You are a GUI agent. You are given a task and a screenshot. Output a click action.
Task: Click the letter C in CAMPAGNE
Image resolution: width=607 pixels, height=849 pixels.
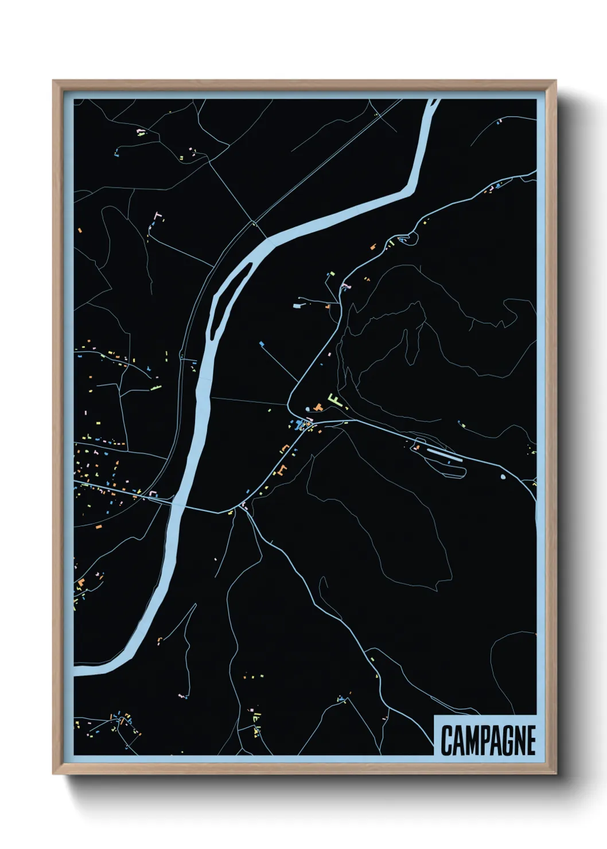point(446,740)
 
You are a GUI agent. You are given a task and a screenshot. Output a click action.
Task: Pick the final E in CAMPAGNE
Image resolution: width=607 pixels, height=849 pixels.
point(531,740)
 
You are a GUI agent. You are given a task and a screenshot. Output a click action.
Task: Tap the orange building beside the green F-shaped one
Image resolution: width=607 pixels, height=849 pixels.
point(319,407)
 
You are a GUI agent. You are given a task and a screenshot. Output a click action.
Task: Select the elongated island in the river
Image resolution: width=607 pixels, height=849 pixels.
point(227,298)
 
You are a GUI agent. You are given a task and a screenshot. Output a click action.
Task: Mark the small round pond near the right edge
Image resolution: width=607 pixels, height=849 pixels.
point(503,476)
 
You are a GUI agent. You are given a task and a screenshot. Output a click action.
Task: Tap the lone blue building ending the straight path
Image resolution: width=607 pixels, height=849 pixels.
point(262,344)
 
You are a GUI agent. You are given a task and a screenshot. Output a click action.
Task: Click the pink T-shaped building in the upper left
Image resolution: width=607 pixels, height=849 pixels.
point(159,216)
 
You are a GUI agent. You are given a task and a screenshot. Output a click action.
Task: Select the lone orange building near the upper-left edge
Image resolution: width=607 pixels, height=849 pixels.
point(80,230)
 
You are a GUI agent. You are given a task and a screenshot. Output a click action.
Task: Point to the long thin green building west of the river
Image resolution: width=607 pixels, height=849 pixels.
point(155,388)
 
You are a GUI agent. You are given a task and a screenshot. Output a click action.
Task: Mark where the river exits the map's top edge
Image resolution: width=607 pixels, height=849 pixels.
point(434,101)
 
